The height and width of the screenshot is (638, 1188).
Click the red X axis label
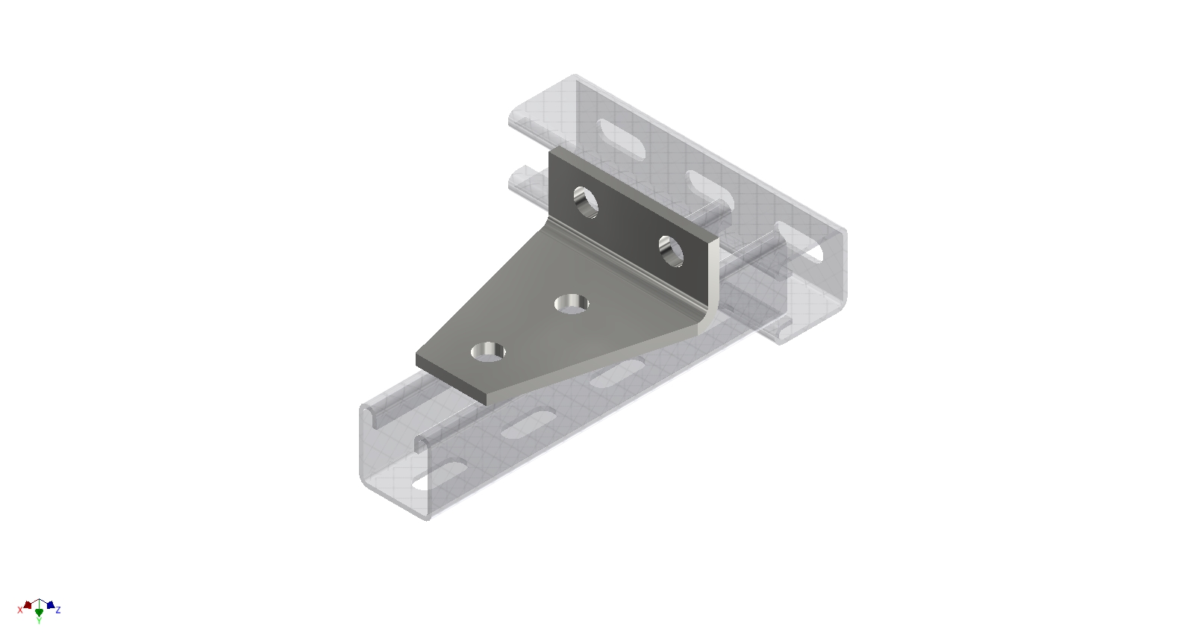(20, 610)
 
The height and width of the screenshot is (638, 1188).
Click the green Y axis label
(39, 620)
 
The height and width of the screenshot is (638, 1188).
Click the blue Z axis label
(58, 610)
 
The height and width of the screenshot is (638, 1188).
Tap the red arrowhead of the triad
(28, 604)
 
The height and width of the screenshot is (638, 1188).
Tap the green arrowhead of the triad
(39, 612)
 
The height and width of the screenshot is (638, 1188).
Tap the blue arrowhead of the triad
(50, 604)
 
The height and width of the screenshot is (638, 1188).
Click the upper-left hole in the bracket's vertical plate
(586, 201)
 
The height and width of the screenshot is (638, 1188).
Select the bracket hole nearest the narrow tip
(490, 350)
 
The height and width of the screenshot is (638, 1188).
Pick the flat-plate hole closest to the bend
(572, 303)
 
